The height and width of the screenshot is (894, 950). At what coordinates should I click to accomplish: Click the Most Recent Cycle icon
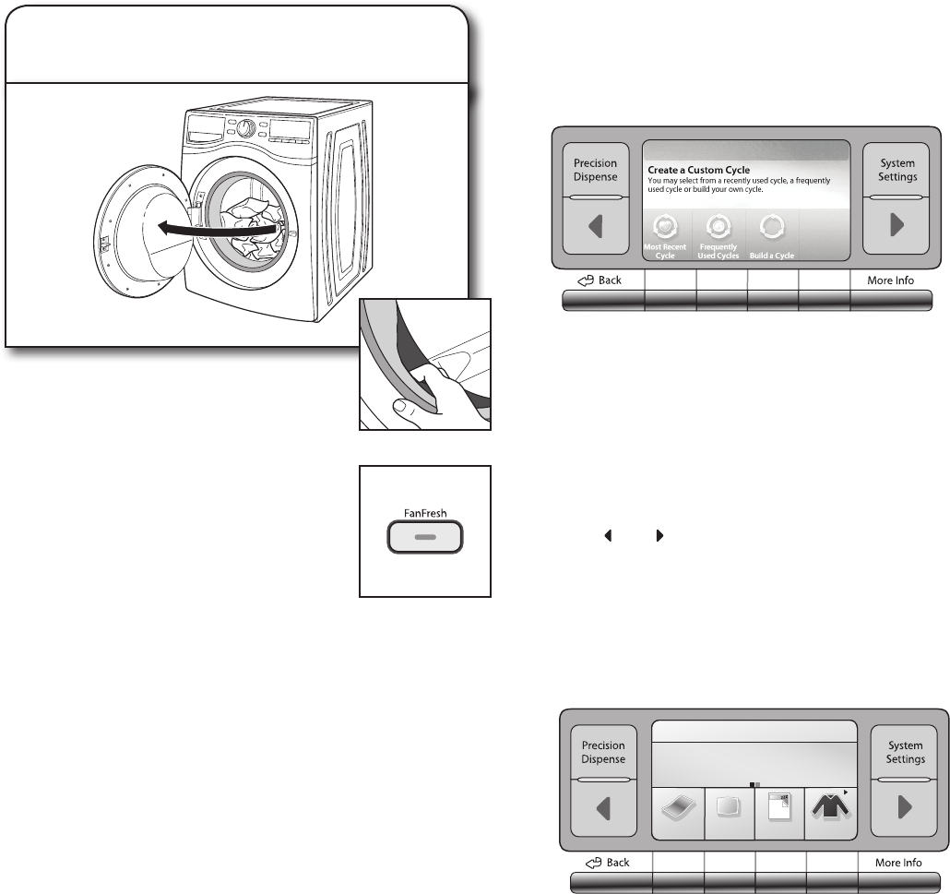pos(665,226)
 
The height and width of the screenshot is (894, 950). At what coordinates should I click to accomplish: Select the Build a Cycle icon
pos(772,226)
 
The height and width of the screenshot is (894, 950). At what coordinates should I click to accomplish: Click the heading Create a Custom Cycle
pos(698,171)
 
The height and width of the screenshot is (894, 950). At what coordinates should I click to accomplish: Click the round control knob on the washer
pos(245,128)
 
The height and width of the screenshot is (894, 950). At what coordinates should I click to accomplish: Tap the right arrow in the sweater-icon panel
pos(905,808)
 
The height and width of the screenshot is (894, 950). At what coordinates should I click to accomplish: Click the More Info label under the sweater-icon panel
pos(897,863)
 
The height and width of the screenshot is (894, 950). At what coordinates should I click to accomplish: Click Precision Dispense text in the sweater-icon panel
pos(603,752)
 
